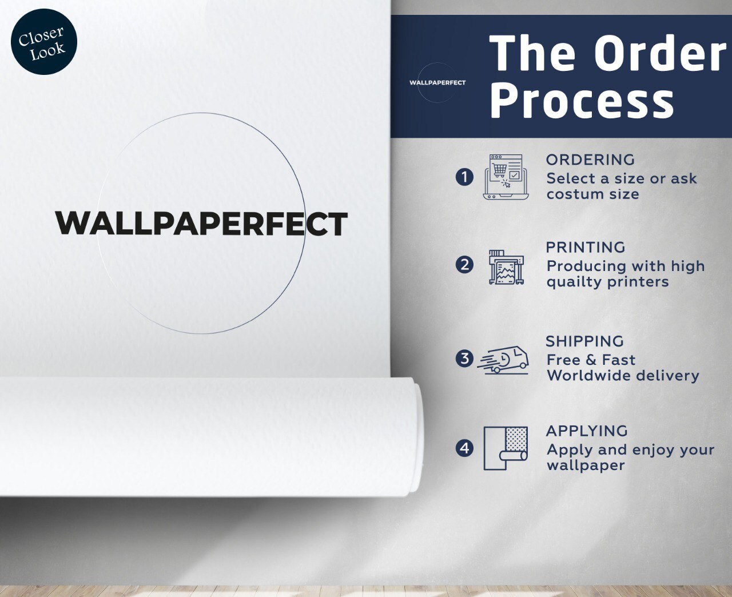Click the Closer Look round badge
[44, 42]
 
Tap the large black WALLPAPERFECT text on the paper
[201, 224]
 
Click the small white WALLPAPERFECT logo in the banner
[437, 82]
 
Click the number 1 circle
[464, 177]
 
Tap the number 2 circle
[464, 265]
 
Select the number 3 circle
[464, 358]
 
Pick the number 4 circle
[464, 448]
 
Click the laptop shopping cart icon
[506, 177]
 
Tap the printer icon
[507, 267]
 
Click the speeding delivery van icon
[503, 360]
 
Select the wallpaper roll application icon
[506, 448]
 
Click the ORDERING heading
[590, 160]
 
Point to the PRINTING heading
[586, 248]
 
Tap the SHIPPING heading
[585, 341]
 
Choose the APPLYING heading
[587, 431]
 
